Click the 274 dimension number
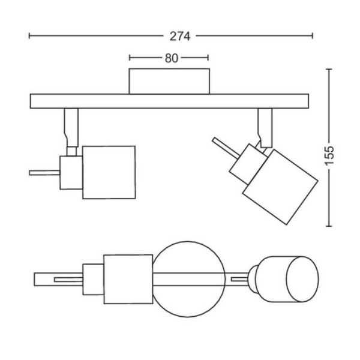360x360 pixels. (x=180, y=36)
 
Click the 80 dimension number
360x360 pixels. (x=171, y=58)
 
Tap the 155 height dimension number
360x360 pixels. (x=329, y=155)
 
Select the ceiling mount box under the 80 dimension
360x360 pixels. (x=169, y=81)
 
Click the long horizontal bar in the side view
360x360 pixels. (x=169, y=101)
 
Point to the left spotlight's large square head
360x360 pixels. (x=109, y=172)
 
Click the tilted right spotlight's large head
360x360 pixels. (x=280, y=187)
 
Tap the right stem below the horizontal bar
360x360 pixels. (x=265, y=127)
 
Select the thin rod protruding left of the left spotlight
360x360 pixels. (x=44, y=173)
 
